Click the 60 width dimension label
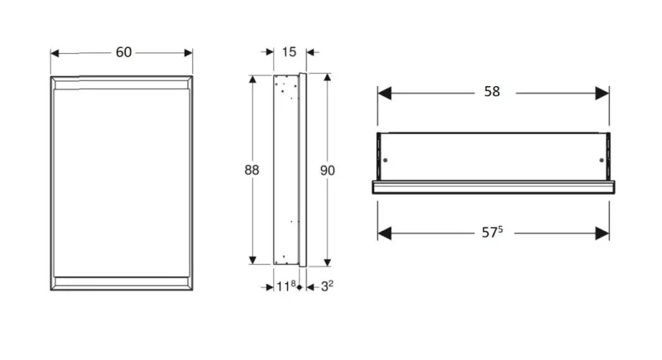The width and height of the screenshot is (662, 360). point(123,52)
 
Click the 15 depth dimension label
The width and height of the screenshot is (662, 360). point(289,52)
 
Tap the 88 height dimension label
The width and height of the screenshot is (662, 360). point(252,170)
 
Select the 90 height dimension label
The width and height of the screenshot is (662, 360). point(327,170)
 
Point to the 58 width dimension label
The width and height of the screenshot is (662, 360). point(492,92)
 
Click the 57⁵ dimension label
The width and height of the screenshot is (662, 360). point(492,232)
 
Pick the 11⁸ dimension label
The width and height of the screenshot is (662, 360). point(285,286)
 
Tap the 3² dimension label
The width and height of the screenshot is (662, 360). point(327,286)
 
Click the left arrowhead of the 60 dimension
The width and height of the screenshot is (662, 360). point(55,53)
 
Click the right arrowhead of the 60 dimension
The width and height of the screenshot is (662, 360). point(189,53)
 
